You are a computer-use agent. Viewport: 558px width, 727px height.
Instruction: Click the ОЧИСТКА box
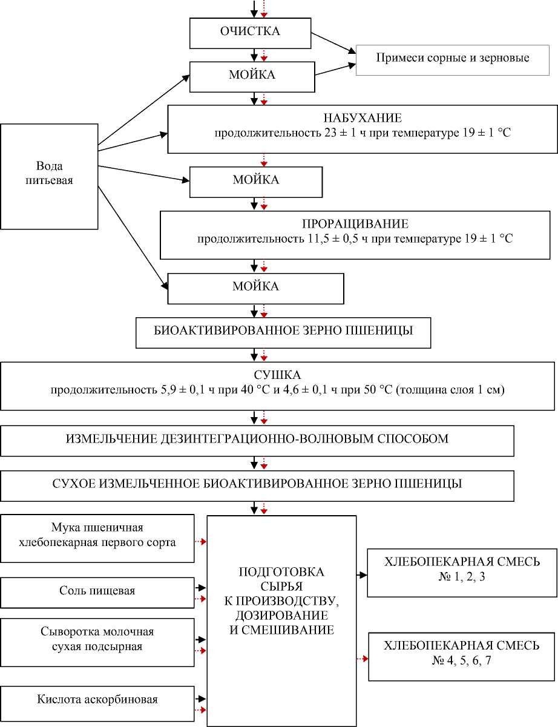[250, 32]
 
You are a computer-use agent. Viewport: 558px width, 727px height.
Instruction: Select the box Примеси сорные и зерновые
[453, 59]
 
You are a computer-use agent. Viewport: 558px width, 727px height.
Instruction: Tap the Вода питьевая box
[49, 173]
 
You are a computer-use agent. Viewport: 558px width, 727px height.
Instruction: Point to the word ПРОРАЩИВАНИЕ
[355, 222]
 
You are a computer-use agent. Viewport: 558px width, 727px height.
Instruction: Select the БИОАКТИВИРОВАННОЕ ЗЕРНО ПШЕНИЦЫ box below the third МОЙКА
[283, 332]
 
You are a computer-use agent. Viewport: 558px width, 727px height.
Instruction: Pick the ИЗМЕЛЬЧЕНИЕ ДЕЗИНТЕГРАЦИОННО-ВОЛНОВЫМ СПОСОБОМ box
[257, 439]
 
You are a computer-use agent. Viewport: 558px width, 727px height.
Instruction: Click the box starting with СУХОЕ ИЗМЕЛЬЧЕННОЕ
[257, 484]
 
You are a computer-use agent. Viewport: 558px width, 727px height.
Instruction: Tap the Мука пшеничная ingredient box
[97, 536]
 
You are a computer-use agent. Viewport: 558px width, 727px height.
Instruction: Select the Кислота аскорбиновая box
[97, 700]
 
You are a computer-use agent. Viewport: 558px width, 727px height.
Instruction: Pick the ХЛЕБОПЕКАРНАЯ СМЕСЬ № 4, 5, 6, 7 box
[462, 653]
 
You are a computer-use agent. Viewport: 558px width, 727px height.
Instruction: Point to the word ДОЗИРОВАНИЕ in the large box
[282, 615]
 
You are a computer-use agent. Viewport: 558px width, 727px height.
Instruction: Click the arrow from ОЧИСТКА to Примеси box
[334, 42]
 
